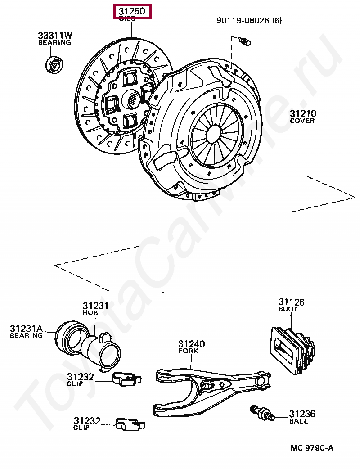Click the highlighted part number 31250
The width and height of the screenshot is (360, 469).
pyautogui.click(x=132, y=11)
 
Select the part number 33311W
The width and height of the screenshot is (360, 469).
pyautogui.click(x=54, y=35)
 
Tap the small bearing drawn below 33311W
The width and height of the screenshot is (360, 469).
pyautogui.click(x=55, y=65)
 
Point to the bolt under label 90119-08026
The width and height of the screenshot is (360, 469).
pyautogui.click(x=245, y=42)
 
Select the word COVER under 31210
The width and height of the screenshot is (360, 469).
pyautogui.click(x=302, y=121)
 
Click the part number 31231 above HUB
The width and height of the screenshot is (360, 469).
pyautogui.click(x=95, y=306)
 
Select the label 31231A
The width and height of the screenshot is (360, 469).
pyautogui.click(x=26, y=329)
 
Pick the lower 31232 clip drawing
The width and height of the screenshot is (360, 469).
pyautogui.click(x=129, y=424)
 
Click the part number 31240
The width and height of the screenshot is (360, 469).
pyautogui.click(x=191, y=344)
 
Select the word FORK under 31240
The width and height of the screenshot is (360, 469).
pyautogui.click(x=188, y=351)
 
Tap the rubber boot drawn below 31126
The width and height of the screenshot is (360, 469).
pyautogui.click(x=293, y=350)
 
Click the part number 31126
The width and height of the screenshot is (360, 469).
pyautogui.click(x=291, y=302)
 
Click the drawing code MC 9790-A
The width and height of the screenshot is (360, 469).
pyautogui.click(x=312, y=448)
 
